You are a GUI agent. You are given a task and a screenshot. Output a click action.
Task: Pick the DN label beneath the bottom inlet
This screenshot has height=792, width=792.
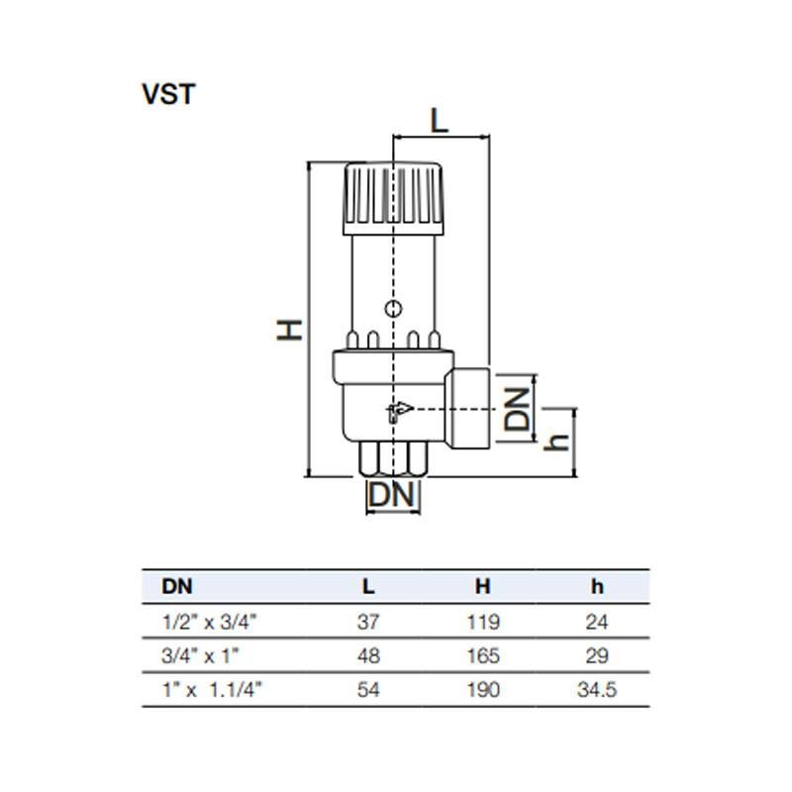pos(393,495)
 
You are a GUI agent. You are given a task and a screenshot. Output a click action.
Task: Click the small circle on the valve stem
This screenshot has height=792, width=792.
pos(394,309)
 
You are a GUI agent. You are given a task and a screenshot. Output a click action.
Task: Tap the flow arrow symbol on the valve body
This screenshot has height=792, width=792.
pos(398,410)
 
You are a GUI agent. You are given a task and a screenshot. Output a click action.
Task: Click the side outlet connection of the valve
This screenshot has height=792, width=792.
pos(471,406)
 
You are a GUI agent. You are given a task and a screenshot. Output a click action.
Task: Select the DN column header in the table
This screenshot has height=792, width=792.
pos(177,586)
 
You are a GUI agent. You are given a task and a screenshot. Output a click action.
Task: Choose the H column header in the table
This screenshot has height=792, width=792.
pos(482,586)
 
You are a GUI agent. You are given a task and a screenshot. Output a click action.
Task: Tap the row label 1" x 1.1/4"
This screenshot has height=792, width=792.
pos(209,689)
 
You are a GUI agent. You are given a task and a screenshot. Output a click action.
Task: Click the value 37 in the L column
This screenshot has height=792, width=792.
pos(368,623)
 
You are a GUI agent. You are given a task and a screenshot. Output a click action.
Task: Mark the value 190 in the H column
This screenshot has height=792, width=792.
pos(482,689)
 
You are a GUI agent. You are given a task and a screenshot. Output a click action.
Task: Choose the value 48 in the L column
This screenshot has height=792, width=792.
pos(368,655)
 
